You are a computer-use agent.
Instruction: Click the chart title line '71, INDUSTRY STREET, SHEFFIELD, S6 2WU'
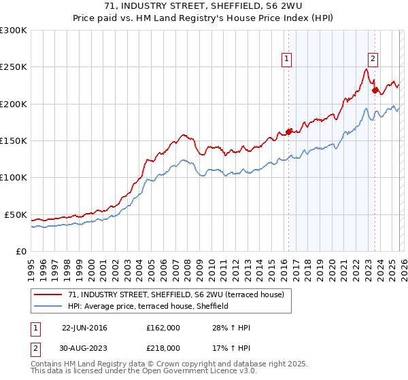coord(203,6)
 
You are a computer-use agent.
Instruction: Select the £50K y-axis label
coord(16,214)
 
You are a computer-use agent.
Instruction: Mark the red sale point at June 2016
coord(288,132)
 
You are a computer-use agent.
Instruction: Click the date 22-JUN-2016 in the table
coord(84,328)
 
